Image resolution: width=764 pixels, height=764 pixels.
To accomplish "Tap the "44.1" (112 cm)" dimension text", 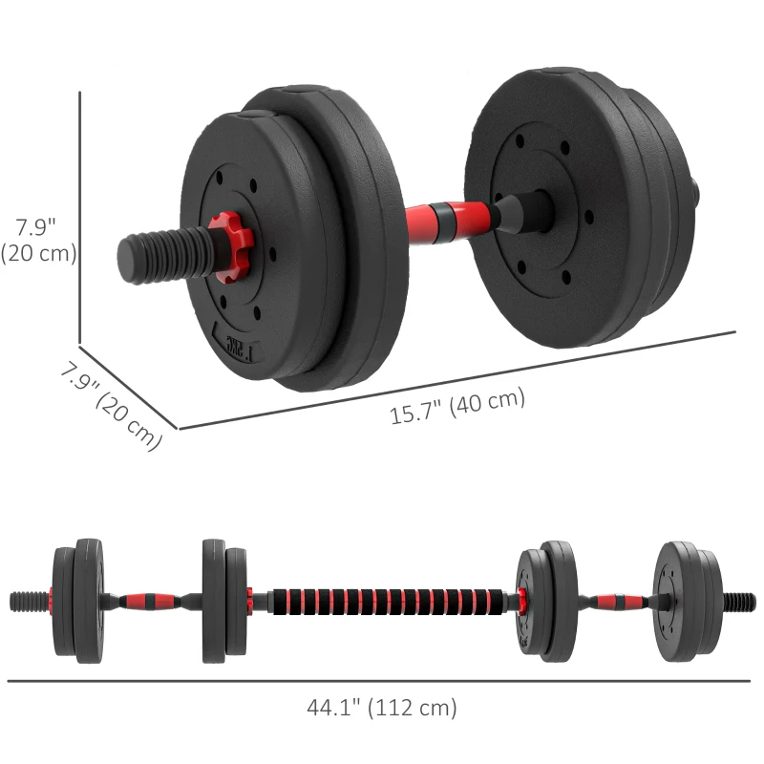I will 382,708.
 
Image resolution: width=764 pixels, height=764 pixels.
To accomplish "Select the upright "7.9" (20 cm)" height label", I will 38,240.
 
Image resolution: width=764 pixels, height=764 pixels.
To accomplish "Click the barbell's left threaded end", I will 30,601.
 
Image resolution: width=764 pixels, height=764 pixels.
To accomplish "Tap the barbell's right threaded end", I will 738,602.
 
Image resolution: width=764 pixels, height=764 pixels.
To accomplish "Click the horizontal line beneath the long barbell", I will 382,681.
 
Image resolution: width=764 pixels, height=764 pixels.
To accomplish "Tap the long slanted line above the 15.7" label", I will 458,380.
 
